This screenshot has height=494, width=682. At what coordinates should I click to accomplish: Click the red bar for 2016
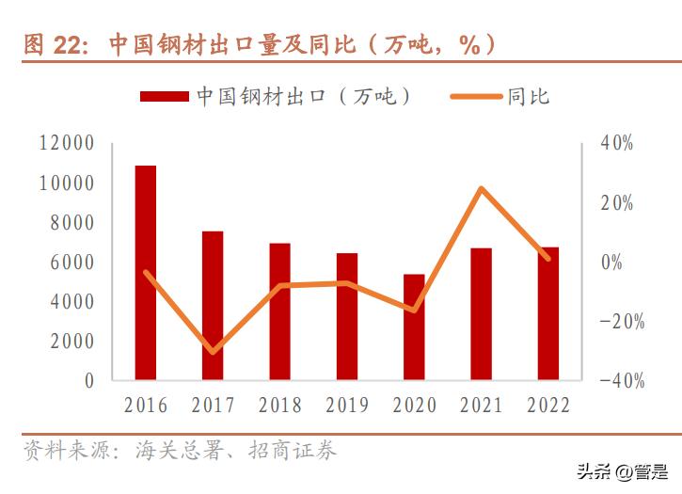pos(146,273)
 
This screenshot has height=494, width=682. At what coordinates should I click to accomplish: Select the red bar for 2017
pos(213,306)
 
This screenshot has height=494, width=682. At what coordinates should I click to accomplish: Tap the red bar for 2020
pos(414,327)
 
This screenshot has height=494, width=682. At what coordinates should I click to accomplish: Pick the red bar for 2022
pos(548,314)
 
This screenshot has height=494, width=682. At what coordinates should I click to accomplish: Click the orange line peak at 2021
pos(481,189)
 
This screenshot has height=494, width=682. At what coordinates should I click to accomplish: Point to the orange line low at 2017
pos(213,352)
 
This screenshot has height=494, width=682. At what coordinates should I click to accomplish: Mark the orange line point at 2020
pos(414,310)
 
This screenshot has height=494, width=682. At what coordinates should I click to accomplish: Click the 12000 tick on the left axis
pos(67,144)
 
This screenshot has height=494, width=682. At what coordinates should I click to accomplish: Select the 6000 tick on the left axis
pos(71,263)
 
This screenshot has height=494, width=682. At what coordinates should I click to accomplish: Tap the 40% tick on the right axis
pos(617,144)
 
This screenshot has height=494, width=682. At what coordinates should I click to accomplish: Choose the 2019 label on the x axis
pos(347,406)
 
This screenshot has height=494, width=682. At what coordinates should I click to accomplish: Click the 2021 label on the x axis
pos(481,406)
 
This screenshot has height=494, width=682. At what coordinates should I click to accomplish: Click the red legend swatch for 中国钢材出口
pos(166,97)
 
